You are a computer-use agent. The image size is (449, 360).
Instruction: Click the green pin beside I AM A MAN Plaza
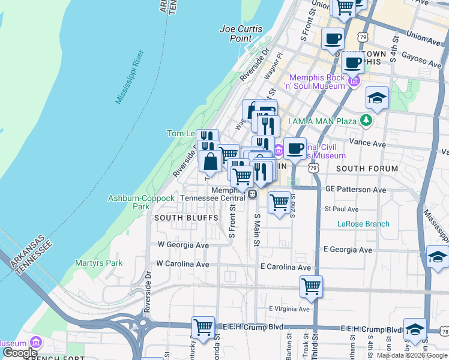point(365,121)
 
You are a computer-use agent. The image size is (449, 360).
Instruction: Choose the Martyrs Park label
point(98,263)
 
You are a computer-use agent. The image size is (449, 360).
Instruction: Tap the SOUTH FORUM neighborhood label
point(367,169)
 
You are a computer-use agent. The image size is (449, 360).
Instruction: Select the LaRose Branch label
point(363,224)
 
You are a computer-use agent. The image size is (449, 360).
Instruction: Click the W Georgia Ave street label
point(182,245)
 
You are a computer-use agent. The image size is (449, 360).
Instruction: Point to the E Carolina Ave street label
point(286,266)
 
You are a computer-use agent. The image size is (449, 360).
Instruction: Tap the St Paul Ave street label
point(341,209)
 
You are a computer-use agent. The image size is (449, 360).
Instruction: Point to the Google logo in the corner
point(20,353)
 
